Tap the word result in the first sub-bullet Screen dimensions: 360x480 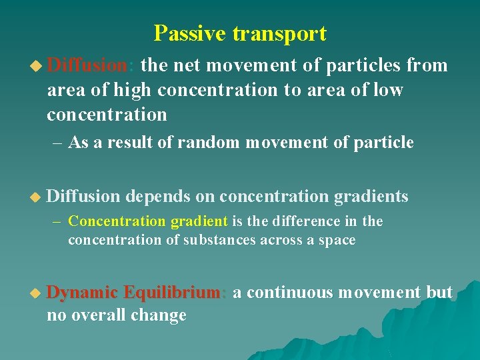[127, 143]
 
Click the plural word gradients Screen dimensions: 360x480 [371, 196]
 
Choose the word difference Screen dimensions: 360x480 [301, 221]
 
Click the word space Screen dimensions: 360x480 [337, 240]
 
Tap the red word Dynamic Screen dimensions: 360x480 [83, 293]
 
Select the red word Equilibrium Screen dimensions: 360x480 [174, 293]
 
